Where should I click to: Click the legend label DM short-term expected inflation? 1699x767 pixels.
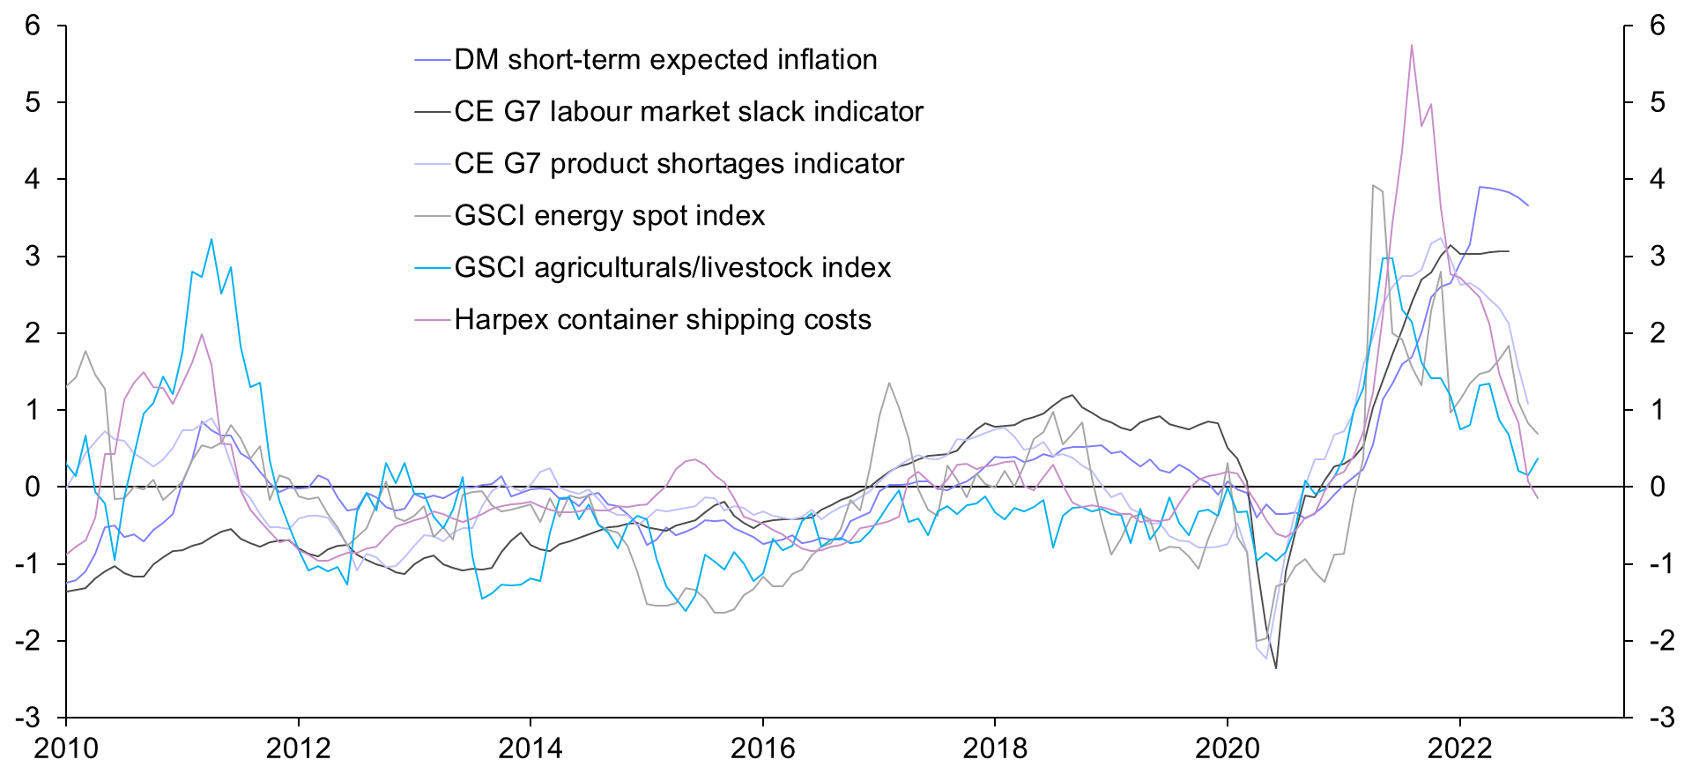[665, 60]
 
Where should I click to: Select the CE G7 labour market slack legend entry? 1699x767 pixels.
[688, 112]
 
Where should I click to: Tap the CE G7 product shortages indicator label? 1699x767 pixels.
[679, 164]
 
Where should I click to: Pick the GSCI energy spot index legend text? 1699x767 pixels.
[609, 216]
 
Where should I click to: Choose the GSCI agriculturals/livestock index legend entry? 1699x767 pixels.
[672, 268]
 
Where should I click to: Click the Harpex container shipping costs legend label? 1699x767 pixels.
[663, 320]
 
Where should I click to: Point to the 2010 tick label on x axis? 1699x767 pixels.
[66, 748]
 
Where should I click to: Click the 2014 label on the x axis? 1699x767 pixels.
[530, 748]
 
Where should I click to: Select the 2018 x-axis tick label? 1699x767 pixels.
[995, 748]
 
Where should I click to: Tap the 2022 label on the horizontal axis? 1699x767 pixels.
[1459, 748]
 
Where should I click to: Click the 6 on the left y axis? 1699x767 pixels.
[33, 26]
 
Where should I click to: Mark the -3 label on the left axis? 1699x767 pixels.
[27, 718]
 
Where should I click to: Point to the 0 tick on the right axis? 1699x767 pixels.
[1658, 487]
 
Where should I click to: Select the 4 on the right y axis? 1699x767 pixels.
[1658, 179]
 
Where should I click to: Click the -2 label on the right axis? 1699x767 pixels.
[1652, 641]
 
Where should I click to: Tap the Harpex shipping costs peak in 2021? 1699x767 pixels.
[1412, 45]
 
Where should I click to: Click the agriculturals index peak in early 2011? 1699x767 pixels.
[211, 239]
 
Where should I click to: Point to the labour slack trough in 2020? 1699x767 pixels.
[1275, 667]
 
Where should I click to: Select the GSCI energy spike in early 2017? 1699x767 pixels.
[889, 383]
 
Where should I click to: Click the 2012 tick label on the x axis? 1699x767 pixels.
[298, 748]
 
